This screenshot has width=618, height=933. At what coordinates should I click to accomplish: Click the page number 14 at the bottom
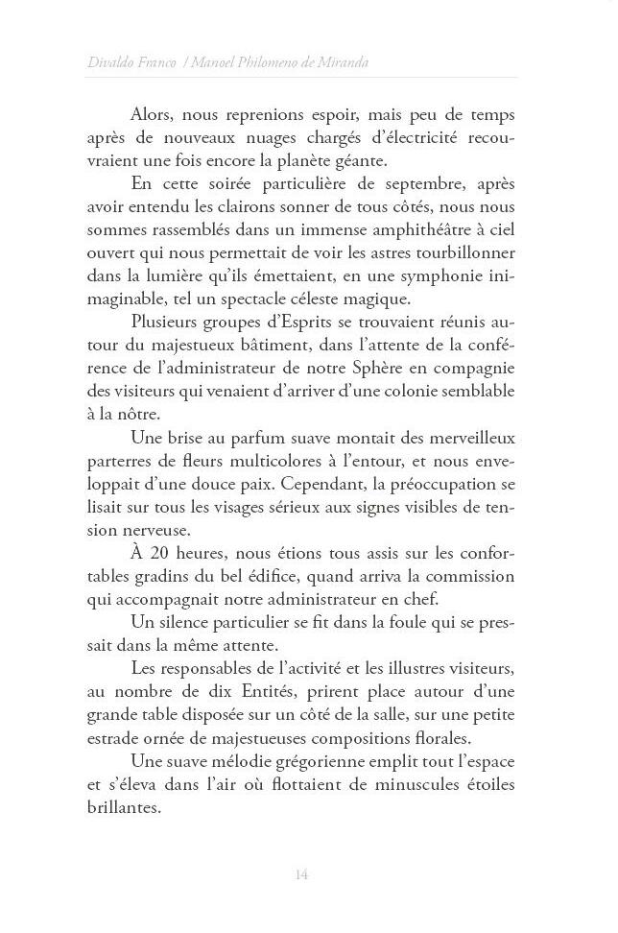[x=301, y=874]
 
